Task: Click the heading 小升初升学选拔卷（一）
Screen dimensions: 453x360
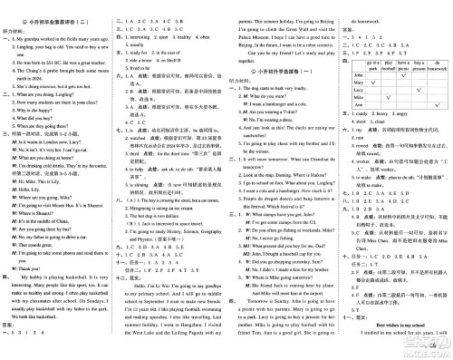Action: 279,82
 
